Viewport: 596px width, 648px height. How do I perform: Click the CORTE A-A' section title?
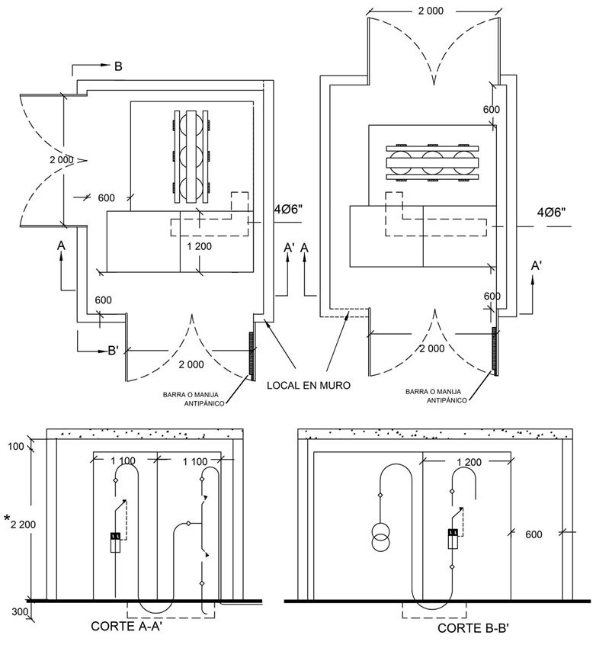pyautogui.click(x=126, y=626)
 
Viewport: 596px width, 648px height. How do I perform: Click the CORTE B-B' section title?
pyautogui.click(x=473, y=628)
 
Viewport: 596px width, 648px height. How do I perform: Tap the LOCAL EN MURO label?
pyautogui.click(x=309, y=385)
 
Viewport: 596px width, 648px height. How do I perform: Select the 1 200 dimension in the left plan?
pyautogui.click(x=199, y=246)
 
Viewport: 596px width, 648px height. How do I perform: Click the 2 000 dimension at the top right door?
pyautogui.click(x=431, y=11)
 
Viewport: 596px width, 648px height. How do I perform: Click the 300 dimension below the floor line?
pyautogui.click(x=20, y=611)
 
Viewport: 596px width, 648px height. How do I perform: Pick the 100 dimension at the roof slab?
pyautogui.click(x=16, y=446)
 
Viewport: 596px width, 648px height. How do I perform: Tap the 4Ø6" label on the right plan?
pyautogui.click(x=551, y=213)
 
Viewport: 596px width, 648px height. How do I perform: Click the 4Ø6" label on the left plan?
pyautogui.click(x=288, y=209)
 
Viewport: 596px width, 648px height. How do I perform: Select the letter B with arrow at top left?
pyautogui.click(x=118, y=66)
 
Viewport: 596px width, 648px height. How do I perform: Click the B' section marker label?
pyautogui.click(x=114, y=351)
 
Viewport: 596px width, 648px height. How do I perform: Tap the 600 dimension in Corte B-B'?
pyautogui.click(x=534, y=534)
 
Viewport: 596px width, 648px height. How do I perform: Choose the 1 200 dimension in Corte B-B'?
pyautogui.click(x=469, y=462)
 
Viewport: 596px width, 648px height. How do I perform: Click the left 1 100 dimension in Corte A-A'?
pyautogui.click(x=123, y=460)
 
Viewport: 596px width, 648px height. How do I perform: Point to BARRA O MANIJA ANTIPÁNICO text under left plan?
pyautogui.click(x=194, y=399)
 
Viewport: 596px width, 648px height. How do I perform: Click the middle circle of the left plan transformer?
pyautogui.click(x=191, y=156)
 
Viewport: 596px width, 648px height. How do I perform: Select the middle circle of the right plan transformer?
pyautogui.click(x=432, y=162)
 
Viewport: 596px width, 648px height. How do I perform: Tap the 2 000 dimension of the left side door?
pyautogui.click(x=62, y=159)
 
